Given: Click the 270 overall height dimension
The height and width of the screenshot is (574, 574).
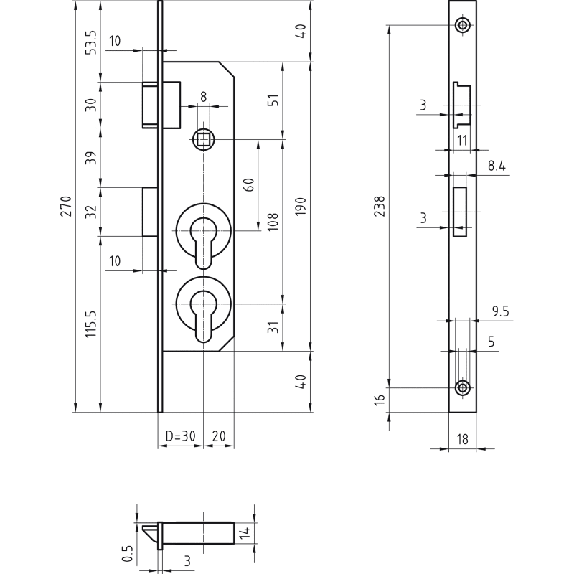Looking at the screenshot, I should click(x=66, y=207).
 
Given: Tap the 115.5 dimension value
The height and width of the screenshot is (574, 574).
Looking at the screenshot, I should click(x=90, y=324).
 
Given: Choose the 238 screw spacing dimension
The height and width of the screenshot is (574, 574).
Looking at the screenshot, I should click(x=380, y=207).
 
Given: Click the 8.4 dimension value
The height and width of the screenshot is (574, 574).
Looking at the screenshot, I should click(x=497, y=166).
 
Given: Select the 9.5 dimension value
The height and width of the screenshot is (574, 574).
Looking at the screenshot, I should click(x=500, y=312).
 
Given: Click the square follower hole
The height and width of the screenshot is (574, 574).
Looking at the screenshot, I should click(x=204, y=139).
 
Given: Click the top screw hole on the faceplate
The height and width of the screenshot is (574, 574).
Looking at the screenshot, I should click(x=463, y=26).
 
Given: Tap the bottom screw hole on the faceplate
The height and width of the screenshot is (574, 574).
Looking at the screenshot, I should click(x=463, y=388).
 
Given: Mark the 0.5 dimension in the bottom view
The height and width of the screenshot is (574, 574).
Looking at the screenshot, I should click(x=127, y=553).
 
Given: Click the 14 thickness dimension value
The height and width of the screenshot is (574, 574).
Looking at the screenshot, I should click(x=245, y=532).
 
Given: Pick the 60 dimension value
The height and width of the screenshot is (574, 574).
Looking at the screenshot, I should click(x=249, y=184).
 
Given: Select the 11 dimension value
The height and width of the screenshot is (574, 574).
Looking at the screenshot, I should click(x=461, y=141).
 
